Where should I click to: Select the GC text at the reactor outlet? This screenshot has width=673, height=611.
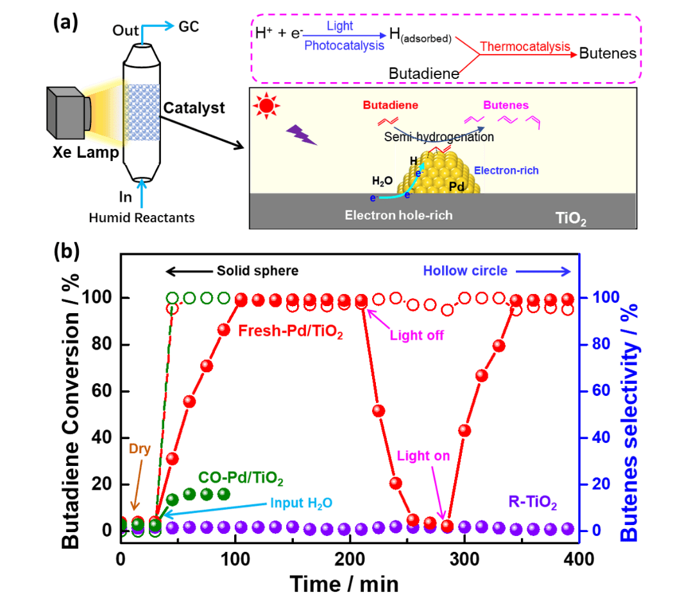[x=190, y=26]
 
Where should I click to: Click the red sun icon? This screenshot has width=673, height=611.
[x=264, y=107]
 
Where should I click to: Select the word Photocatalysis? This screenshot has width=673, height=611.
[x=344, y=46]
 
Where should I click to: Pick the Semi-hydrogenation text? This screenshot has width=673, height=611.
[x=439, y=137]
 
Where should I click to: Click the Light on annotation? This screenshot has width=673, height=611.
[x=423, y=456]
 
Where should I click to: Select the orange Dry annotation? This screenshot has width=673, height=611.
[x=140, y=448]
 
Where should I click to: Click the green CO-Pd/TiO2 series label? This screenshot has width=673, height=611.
[x=241, y=478]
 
